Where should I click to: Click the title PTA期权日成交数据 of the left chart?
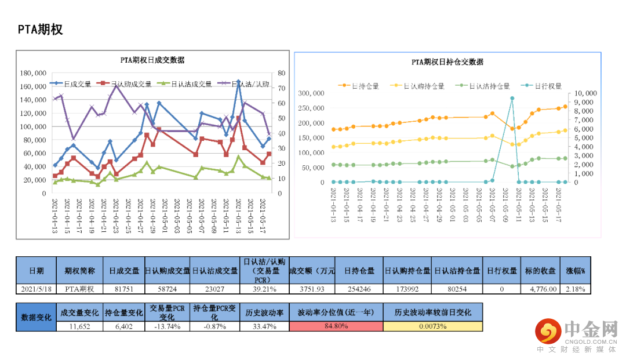click(152, 60)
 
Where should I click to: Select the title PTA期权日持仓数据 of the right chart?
click(447, 62)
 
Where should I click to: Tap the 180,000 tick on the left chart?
click(33, 74)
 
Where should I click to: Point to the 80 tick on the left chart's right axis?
click(282, 74)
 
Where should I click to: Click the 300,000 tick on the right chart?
click(312, 93)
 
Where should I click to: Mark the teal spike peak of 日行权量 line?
click(512, 99)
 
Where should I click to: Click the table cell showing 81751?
click(124, 288)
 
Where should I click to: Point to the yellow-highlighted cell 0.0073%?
click(432, 326)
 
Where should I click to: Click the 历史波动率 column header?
click(264, 312)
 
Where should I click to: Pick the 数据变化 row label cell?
click(36, 317)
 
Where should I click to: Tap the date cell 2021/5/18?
click(36, 288)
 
